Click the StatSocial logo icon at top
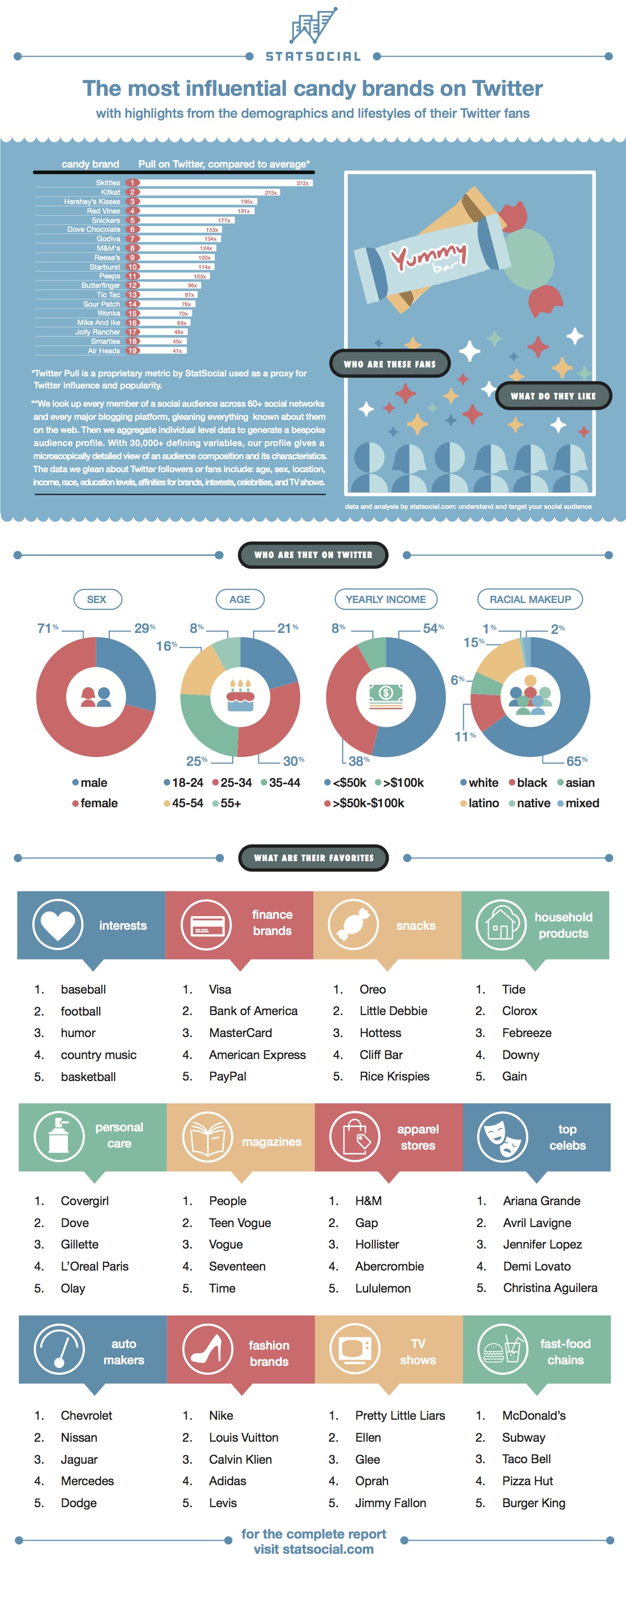click(314, 26)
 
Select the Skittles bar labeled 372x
click(224, 183)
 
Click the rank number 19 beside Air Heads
click(132, 351)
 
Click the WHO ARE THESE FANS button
click(390, 364)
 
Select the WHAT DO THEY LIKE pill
click(553, 395)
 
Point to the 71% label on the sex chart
click(47, 628)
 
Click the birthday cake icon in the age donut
click(240, 696)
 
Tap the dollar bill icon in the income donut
click(386, 696)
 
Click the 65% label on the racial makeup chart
click(576, 761)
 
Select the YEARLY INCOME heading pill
click(386, 599)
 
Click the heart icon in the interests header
click(58, 926)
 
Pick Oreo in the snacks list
click(373, 989)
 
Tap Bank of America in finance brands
click(253, 1011)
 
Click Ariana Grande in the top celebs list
click(541, 1201)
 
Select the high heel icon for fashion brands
click(207, 1349)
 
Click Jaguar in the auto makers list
click(79, 1460)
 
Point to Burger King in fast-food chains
click(533, 1503)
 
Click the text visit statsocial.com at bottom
click(314, 1550)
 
